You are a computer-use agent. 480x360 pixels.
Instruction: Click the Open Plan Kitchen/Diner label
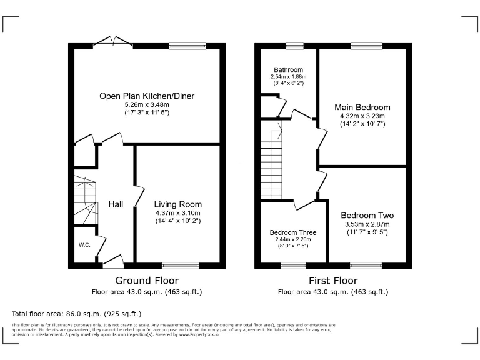147,96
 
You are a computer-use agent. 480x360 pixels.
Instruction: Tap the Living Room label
178,204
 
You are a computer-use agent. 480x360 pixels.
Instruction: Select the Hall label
116,204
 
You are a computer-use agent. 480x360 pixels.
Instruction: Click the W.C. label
84,244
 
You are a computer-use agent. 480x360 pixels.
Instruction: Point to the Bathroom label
288,69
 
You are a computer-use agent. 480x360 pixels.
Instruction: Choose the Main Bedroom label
362,107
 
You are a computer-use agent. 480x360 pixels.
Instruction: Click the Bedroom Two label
367,216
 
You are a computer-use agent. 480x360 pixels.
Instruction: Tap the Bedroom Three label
293,231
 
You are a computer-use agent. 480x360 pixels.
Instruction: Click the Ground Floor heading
147,281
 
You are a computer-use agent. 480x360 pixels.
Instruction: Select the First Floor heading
333,281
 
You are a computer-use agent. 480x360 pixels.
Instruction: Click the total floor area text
77,313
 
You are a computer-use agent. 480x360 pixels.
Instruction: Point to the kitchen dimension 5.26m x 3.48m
147,104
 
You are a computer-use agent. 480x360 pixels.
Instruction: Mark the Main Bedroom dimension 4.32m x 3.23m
362,116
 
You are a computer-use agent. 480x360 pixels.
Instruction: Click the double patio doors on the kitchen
112,42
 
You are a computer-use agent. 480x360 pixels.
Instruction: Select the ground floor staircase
84,200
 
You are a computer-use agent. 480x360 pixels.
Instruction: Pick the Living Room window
181,265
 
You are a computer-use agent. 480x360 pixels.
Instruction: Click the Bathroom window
294,46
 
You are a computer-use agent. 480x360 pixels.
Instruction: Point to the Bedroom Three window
293,265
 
